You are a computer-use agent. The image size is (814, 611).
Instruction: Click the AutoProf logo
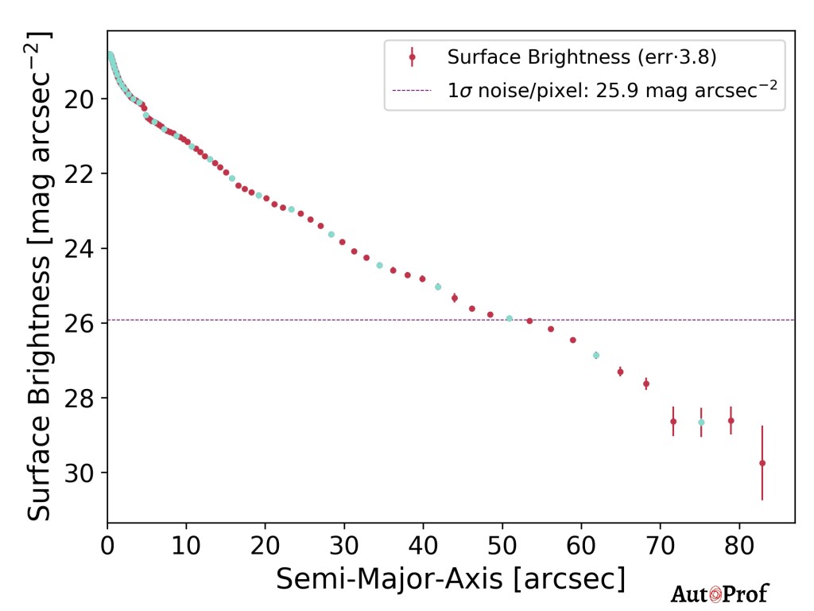point(720,593)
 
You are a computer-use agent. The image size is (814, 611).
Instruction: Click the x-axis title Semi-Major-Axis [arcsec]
point(450,579)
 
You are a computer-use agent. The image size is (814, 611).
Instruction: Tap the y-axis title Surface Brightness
point(40,276)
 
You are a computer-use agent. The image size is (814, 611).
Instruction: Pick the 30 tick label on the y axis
point(82,473)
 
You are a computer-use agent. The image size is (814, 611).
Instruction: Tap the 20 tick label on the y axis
point(82,99)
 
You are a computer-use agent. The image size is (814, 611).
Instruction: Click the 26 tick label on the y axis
point(82,324)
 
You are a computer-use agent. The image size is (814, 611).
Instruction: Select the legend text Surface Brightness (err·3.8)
point(584,57)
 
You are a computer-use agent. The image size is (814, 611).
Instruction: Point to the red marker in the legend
point(412,57)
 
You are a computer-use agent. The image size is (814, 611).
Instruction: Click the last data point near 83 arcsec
point(762,463)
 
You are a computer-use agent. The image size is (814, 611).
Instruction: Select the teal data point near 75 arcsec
point(701,422)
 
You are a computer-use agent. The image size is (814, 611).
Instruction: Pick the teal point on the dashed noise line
point(510,318)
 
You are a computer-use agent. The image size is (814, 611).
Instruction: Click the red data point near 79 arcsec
point(731,420)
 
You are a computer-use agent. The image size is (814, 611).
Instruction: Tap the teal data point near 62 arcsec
point(596,356)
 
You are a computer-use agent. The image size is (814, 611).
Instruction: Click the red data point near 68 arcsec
point(646,383)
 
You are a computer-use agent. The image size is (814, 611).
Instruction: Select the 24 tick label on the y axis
point(82,249)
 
